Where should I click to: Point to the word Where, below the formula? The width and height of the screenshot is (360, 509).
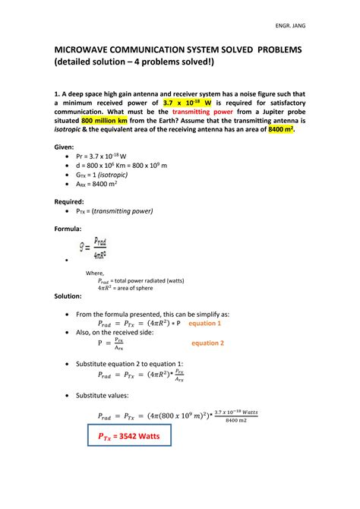(94, 272)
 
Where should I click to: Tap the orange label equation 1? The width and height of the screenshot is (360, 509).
(204, 323)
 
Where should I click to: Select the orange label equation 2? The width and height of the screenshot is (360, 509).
(207, 343)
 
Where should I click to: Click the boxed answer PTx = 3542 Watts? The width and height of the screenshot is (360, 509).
(128, 438)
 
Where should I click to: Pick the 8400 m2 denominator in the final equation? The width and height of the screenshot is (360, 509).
(236, 419)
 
